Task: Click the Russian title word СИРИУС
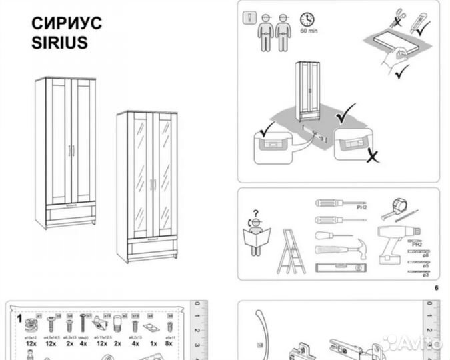[67, 23]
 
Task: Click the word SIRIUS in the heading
[60, 43]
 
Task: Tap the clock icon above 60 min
[307, 19]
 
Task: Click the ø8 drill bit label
[425, 255]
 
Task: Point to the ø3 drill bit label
[425, 273]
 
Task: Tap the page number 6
[436, 288]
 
